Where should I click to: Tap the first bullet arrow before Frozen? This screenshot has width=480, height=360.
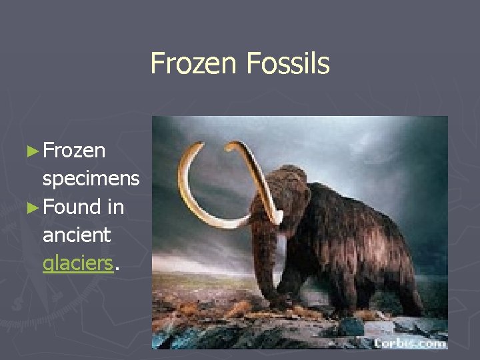coord(33,151)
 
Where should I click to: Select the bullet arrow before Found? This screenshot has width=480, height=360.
coord(33,207)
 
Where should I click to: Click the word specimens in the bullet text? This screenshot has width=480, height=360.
coord(91,179)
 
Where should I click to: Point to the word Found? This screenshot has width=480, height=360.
coord(71,207)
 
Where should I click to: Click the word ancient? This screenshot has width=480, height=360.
coord(77,235)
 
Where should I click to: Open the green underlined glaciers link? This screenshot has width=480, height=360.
coord(77,263)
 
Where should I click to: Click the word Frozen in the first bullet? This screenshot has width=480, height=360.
coord(74,151)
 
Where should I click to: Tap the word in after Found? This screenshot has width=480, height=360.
coord(115,207)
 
